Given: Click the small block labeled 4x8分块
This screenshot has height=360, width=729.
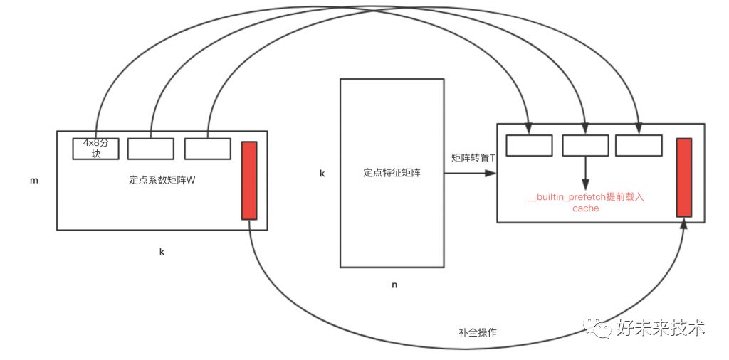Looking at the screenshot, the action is (x=95, y=148).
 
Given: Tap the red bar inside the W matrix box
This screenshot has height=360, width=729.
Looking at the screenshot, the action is (x=249, y=180).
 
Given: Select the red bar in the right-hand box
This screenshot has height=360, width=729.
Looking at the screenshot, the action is (x=684, y=177).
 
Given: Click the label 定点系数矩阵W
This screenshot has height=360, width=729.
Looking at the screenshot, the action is (x=162, y=180).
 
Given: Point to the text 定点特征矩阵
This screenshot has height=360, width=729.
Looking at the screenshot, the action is (x=392, y=172).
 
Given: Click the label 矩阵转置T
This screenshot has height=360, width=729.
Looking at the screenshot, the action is (x=473, y=157).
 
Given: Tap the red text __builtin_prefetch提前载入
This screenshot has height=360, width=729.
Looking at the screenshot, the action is (x=585, y=197).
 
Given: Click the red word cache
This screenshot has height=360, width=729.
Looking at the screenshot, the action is (x=585, y=208).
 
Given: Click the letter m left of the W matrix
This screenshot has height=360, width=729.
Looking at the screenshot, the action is (x=33, y=181).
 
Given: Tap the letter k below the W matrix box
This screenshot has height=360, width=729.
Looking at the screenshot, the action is (x=162, y=252).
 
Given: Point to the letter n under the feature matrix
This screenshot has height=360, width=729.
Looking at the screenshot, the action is (x=394, y=285).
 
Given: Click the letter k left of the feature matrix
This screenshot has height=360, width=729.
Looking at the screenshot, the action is (x=322, y=173).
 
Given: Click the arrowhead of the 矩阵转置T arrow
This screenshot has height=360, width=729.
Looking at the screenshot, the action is (x=491, y=173).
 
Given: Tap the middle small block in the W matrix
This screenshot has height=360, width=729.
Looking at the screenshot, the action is (x=150, y=149).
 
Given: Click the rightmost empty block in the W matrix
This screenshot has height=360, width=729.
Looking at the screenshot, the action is (x=207, y=149).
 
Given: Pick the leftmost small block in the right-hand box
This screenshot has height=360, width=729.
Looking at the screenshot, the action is (x=529, y=145).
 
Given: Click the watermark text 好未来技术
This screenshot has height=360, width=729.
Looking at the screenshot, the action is (x=660, y=328).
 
